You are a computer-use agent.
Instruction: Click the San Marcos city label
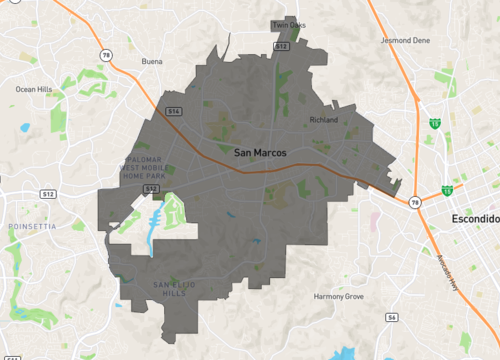click(260, 152)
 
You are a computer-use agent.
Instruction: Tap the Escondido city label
click(474, 218)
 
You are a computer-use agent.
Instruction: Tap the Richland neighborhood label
click(324, 119)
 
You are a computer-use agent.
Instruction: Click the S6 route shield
click(392, 317)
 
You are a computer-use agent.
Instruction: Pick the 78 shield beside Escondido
click(414, 201)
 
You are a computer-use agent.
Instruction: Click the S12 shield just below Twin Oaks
click(281, 46)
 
